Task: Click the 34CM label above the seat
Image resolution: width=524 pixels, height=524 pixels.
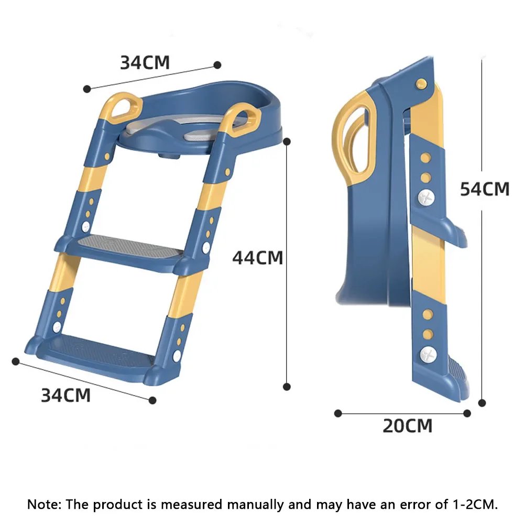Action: pos(145,62)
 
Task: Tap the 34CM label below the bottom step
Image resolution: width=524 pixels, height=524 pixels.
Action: pos(65,395)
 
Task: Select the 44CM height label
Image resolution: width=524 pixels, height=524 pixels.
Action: pos(257,257)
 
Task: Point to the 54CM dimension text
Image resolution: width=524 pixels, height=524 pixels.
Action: pos(484,189)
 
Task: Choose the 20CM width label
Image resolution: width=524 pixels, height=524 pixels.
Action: pos(407,426)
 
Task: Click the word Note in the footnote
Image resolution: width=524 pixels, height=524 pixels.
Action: pos(44,505)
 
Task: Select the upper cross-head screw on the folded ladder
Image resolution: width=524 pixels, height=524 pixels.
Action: pos(427,198)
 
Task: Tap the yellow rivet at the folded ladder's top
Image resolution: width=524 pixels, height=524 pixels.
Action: pos(421,83)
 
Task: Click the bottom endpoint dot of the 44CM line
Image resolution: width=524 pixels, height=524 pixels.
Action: pos(287,387)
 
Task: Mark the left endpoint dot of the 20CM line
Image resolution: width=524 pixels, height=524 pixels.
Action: pos(338,413)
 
